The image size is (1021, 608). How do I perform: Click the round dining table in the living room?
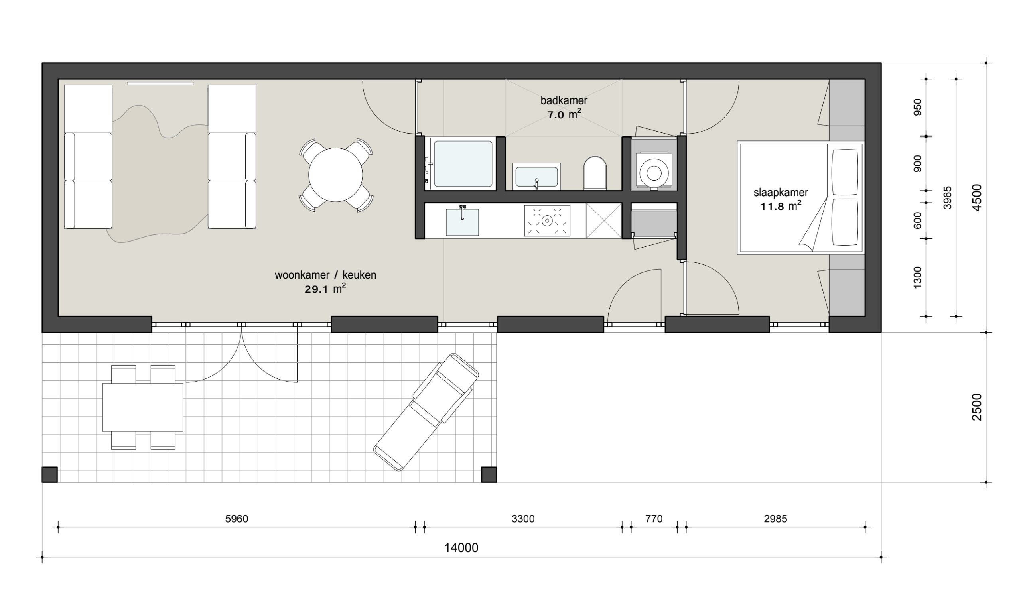click(335, 175)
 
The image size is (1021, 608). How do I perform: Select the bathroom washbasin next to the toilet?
click(536, 177)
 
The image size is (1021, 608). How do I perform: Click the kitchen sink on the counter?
click(462, 222)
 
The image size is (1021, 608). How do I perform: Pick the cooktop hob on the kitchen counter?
click(547, 221)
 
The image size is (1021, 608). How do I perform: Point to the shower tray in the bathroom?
click(463, 164)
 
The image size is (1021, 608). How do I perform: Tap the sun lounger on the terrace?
click(426, 412)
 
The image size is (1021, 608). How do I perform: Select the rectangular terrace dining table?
click(142, 407)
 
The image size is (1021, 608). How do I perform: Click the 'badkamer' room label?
click(564, 100)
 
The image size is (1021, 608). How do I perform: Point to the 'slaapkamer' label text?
click(781, 192)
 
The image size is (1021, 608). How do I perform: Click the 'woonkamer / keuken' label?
click(325, 275)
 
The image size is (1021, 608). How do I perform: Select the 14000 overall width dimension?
click(461, 548)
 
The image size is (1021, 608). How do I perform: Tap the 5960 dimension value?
click(237, 519)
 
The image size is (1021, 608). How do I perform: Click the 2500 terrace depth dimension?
click(977, 407)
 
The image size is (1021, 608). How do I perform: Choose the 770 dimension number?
click(654, 519)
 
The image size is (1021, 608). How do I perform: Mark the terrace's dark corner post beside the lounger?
click(489, 474)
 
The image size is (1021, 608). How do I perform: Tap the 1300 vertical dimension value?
click(917, 277)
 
